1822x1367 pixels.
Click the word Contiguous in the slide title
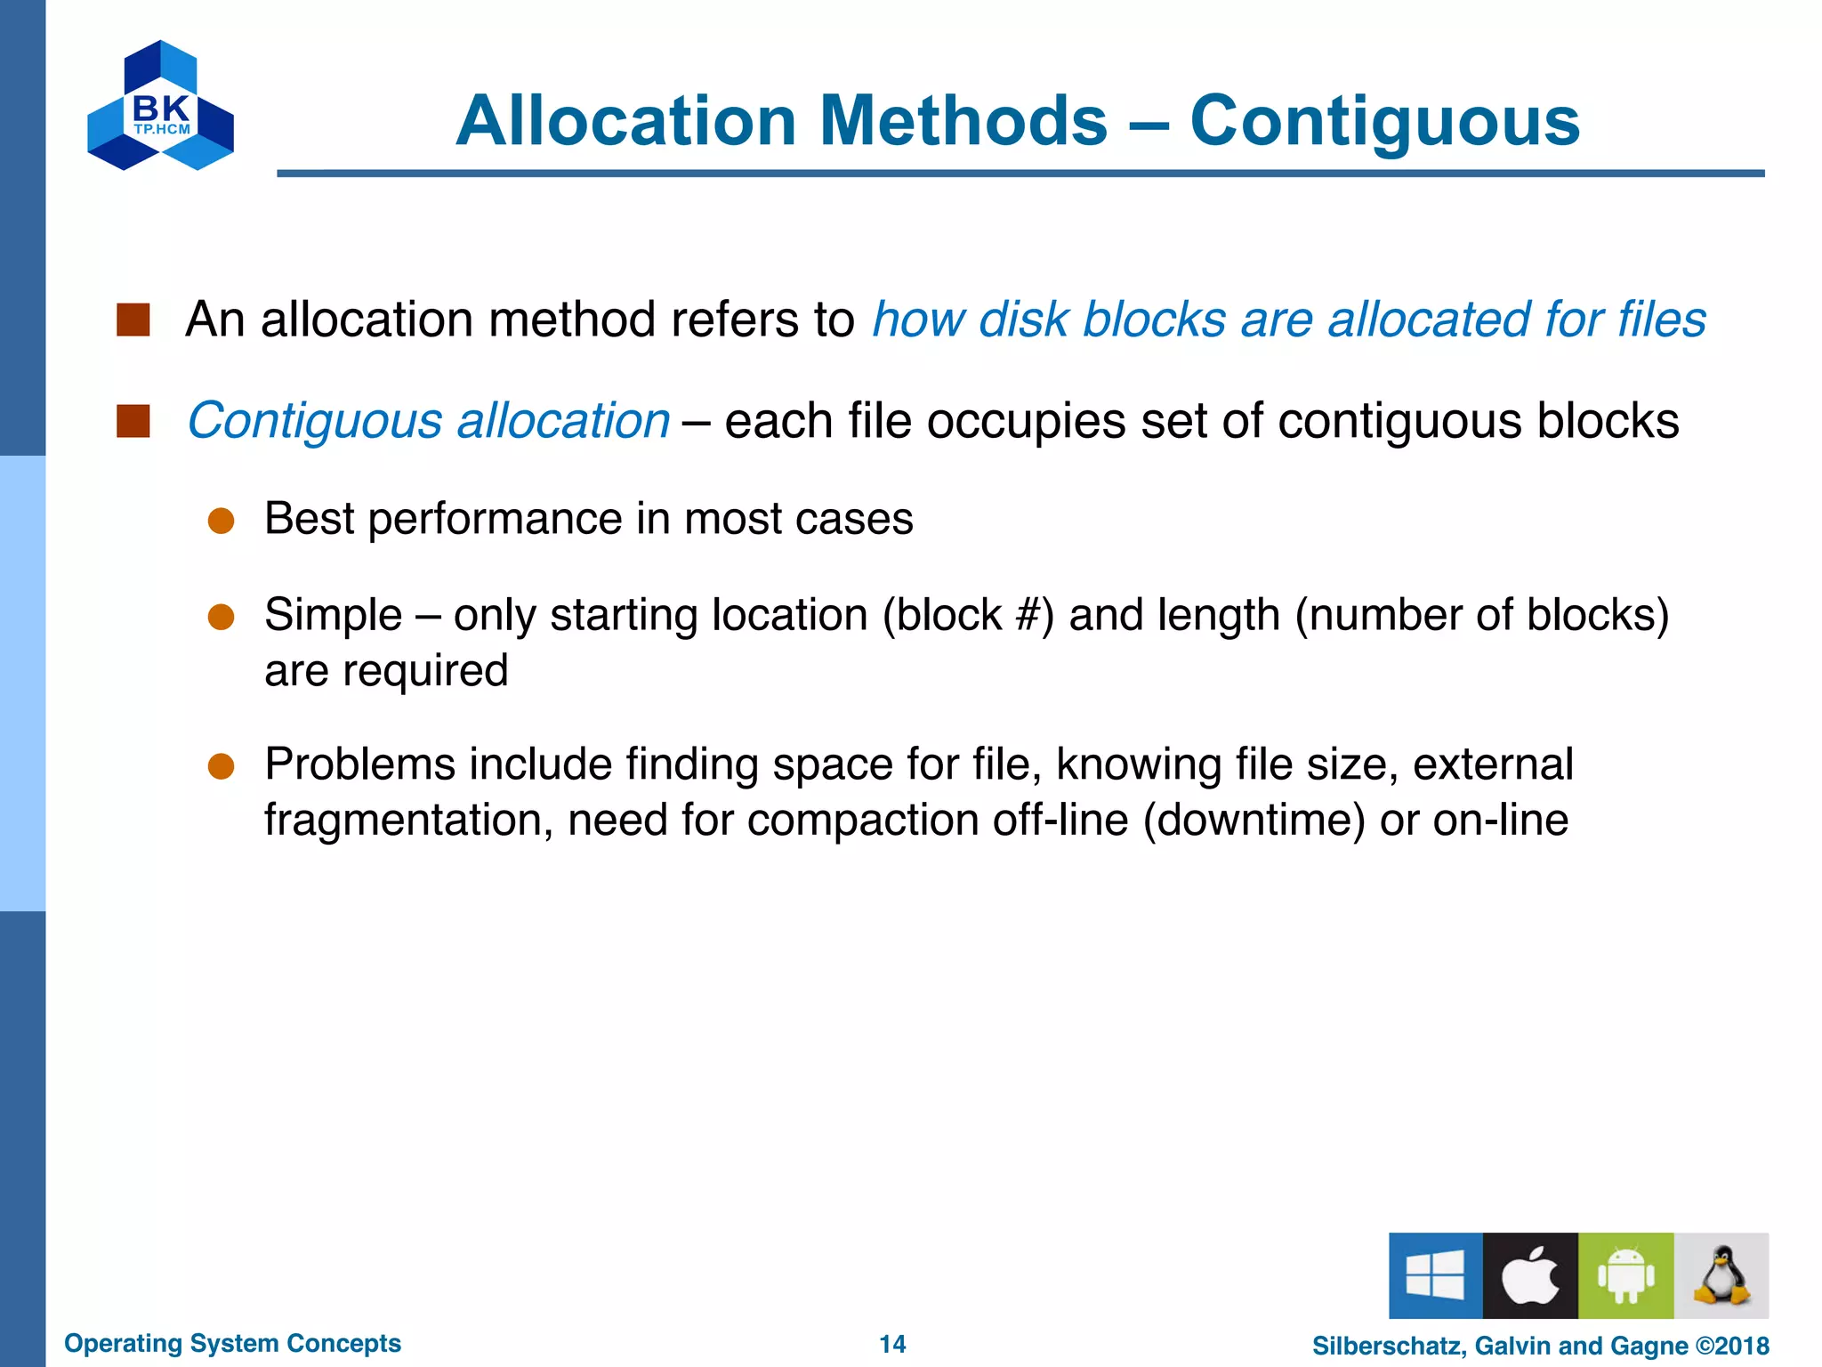tap(1384, 121)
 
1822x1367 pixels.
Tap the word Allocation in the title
tap(625, 121)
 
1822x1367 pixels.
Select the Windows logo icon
tap(1435, 1274)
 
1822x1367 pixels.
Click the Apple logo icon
tap(1530, 1274)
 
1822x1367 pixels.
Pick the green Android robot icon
tap(1625, 1274)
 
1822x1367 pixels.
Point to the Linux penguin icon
tap(1721, 1274)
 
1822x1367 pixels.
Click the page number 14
tap(892, 1344)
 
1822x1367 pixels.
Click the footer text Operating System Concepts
tap(232, 1343)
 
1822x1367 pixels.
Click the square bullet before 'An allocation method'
tap(133, 320)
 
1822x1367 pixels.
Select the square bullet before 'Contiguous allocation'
tap(133, 421)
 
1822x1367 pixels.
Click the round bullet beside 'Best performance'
tap(221, 521)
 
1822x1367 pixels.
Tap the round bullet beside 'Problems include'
tap(221, 766)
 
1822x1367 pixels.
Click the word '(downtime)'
tap(1254, 820)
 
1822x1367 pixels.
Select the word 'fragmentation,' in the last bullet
tap(408, 820)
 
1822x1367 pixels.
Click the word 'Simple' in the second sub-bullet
tap(333, 615)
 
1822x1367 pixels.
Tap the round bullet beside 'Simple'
tap(221, 617)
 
